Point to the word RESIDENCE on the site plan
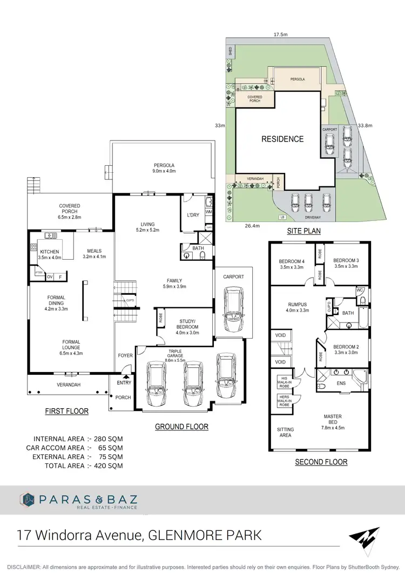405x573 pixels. pos(282,139)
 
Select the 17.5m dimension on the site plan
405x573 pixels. pos(280,35)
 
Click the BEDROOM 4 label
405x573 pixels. pos(292,262)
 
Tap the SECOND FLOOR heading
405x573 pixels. pos(321,462)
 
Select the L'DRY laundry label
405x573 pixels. pos(193,216)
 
